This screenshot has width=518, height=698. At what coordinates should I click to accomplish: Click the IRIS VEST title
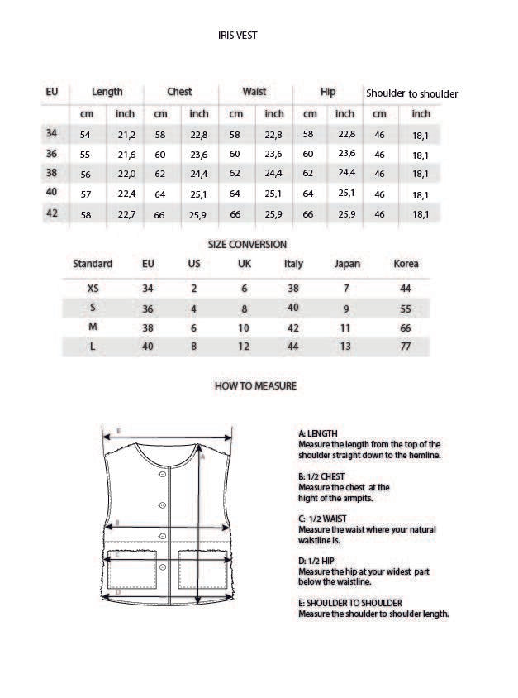pos(237,36)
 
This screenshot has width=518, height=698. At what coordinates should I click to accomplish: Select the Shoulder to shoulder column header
pos(411,93)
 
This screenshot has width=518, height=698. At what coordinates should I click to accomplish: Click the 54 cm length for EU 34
pos(85,135)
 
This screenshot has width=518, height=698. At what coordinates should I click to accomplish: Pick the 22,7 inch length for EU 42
pos(126,214)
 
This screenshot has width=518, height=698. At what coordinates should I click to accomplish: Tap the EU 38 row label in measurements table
pos(51,173)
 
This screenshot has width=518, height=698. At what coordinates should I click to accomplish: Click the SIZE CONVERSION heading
pos(247,245)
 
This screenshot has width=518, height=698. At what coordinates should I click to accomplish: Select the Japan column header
pos(347,264)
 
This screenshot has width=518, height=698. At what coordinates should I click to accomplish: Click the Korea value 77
pos(405,347)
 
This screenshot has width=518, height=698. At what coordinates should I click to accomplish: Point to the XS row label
pos(93,289)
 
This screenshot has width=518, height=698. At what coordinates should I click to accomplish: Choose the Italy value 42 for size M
pos(292,327)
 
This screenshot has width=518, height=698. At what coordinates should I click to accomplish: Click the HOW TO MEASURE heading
pos(255,386)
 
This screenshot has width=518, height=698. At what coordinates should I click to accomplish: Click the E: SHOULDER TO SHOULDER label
pos(349,603)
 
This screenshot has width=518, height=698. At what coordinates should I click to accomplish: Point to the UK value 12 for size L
pos(244,347)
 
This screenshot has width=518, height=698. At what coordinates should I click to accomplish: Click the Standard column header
pos(93,264)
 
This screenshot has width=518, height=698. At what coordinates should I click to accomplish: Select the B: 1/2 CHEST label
pos(321,476)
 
